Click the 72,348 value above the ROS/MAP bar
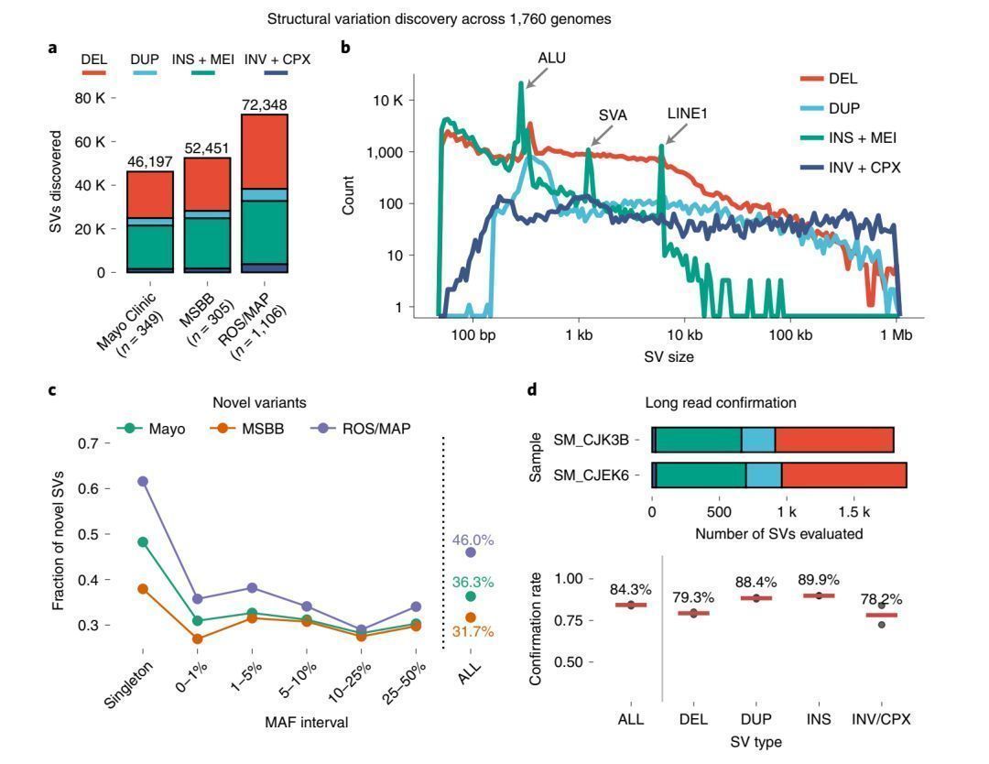265,105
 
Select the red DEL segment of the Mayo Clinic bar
150,194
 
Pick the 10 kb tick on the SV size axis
683,336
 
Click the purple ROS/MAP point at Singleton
143,481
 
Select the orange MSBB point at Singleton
143,588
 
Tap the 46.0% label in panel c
473,540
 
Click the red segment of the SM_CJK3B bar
833,440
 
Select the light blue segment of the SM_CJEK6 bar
763,475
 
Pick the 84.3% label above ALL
631,589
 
